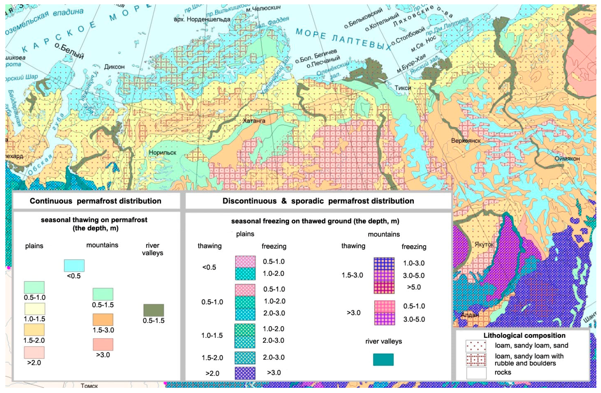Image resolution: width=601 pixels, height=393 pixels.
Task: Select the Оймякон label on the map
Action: [567, 159]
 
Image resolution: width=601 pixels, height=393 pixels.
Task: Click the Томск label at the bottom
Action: [89, 386]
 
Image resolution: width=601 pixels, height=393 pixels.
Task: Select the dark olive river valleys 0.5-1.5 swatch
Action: [154, 310]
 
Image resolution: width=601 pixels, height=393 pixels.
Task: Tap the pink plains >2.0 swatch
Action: [34, 352]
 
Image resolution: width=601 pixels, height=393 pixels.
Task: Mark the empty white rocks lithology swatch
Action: [476, 373]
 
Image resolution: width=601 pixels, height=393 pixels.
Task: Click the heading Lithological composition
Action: [524, 336]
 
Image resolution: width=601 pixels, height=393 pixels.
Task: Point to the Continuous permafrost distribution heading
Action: [96, 201]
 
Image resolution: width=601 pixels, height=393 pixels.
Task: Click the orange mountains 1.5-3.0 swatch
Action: [103, 320]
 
